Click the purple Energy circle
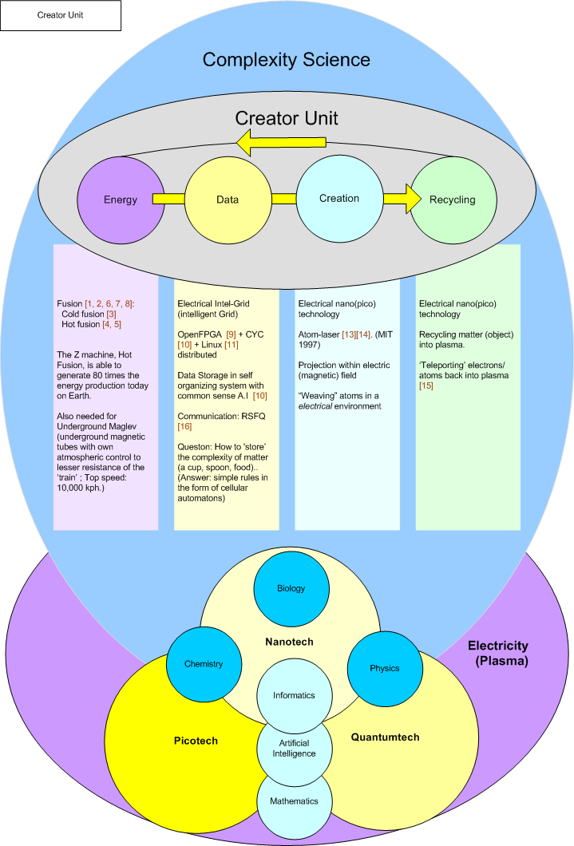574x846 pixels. point(120,200)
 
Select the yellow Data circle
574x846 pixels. point(228,200)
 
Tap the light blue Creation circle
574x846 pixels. point(338,198)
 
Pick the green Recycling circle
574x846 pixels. point(452,200)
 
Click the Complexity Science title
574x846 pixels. point(286,60)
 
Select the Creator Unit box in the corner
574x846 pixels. point(61,15)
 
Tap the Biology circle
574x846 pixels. point(291,589)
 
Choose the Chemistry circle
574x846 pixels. point(203,664)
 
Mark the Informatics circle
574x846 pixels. point(293,695)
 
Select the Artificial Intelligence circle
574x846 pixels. point(293,748)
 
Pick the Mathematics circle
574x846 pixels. point(293,801)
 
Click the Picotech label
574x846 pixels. point(196,741)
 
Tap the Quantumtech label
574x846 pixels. point(385,737)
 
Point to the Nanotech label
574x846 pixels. point(288,642)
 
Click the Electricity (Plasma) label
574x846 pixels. point(498,654)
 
